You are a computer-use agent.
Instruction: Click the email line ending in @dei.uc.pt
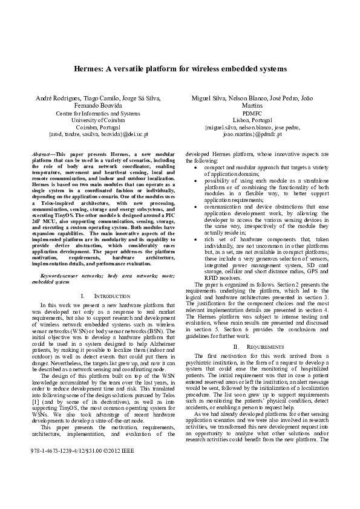pos(98,135)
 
